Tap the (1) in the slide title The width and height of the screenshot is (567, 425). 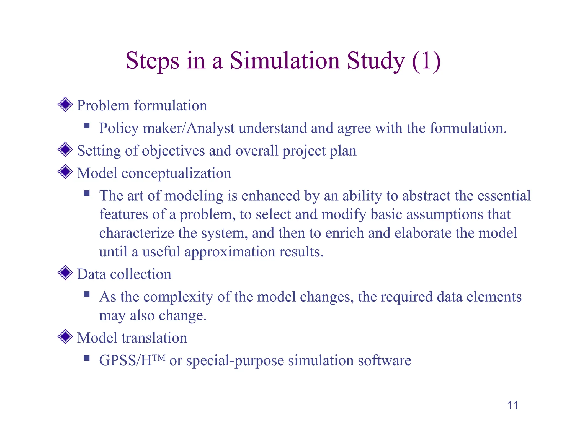426,61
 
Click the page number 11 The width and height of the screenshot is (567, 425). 512,405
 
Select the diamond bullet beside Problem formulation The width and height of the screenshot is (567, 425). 65,104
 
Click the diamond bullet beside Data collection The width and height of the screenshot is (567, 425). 65,273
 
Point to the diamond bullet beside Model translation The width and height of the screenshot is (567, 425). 65,336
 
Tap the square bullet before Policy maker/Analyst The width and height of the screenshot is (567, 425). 87,126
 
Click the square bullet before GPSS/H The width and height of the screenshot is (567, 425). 87,358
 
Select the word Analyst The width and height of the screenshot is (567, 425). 210,128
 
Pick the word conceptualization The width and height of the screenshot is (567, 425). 176,174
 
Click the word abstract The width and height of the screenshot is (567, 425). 426,196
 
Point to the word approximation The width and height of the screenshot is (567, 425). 230,252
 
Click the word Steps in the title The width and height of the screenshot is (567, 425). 152,61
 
